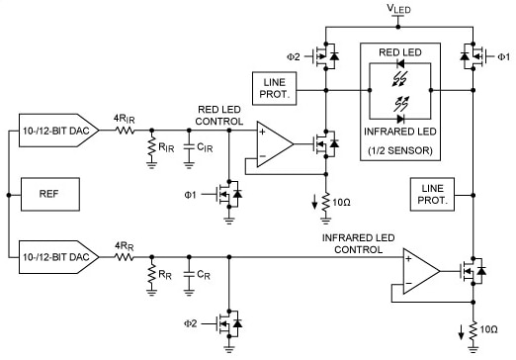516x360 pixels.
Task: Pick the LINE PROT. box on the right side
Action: tap(435, 193)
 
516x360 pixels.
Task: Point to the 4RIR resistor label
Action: tap(124, 118)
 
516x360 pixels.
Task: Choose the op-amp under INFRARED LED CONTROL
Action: tap(420, 269)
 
